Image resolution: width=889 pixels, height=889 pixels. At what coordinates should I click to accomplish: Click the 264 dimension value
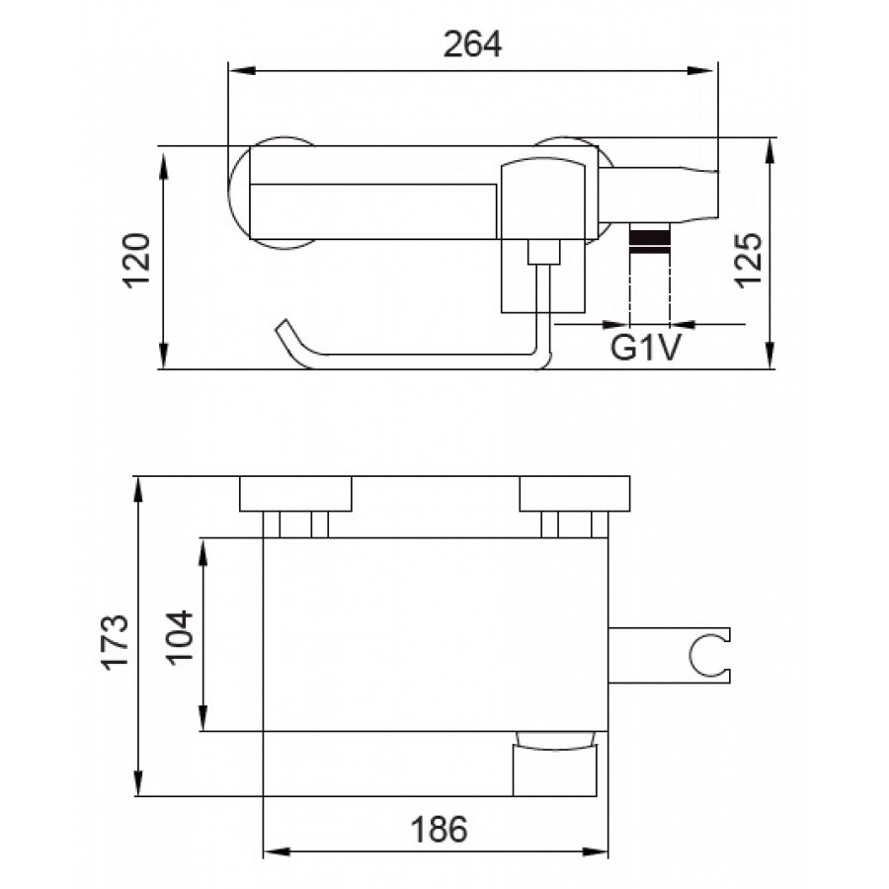(x=472, y=44)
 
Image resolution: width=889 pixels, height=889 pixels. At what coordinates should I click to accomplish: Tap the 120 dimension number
(x=137, y=260)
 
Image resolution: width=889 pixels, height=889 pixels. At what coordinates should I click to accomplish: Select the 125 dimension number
(x=749, y=260)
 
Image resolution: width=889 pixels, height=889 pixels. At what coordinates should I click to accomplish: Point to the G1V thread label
(x=646, y=347)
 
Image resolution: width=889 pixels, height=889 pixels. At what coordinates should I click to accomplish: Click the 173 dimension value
(x=116, y=642)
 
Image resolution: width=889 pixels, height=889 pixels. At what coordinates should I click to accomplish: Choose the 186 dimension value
(x=439, y=830)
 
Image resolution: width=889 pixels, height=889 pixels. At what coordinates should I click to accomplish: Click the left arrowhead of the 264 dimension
(x=240, y=71)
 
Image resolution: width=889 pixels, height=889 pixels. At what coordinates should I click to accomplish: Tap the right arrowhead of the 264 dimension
(x=700, y=71)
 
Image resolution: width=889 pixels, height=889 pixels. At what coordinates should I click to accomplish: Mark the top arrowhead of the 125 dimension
(x=769, y=151)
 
